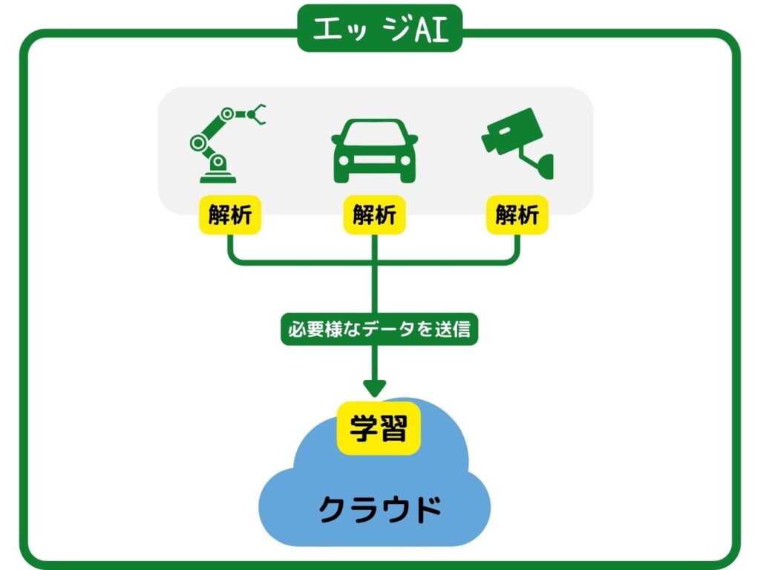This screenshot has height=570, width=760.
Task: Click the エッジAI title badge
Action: (x=379, y=30)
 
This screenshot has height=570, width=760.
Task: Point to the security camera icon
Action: (x=517, y=143)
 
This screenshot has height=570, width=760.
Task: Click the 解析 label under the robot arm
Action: (x=229, y=215)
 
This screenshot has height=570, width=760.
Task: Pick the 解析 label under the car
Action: (x=374, y=215)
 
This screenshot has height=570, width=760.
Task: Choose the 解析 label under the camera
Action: (x=517, y=215)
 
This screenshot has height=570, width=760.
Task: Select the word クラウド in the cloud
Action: (x=380, y=508)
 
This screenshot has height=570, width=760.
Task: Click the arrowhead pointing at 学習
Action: (x=374, y=387)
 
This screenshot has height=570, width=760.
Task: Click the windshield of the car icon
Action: (x=374, y=134)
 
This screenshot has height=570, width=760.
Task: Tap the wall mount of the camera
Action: (x=546, y=165)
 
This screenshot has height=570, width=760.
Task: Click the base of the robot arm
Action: (x=218, y=176)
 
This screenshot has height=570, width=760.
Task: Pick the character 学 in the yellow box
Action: (x=361, y=429)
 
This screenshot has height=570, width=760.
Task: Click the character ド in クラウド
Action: (x=425, y=508)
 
